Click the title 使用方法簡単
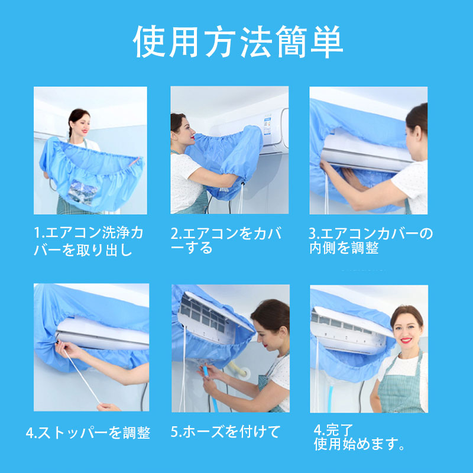click(238, 41)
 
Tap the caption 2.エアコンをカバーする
click(226, 241)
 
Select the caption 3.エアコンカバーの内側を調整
click(371, 241)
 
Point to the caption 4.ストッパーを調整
click(88, 433)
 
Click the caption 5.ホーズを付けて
click(225, 432)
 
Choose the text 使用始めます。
click(359, 444)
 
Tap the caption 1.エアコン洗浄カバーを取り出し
click(89, 241)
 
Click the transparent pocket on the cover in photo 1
click(82, 192)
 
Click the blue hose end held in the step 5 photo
click(206, 371)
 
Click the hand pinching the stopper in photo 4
click(66, 349)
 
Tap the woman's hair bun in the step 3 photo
click(417, 118)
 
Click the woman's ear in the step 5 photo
click(283, 332)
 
